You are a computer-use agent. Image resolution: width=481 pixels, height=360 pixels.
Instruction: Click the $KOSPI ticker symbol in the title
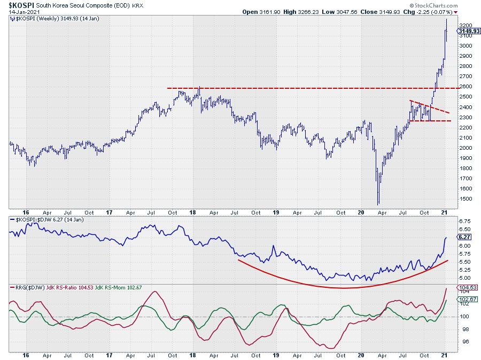point(19,4)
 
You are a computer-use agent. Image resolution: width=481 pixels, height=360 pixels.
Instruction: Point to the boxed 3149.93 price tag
point(468,31)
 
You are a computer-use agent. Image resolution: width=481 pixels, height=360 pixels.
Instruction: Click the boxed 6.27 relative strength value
point(463,236)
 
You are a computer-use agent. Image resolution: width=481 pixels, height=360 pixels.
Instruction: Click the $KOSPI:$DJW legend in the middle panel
point(40,220)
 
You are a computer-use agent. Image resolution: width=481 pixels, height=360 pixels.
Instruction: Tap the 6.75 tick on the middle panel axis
point(464,220)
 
